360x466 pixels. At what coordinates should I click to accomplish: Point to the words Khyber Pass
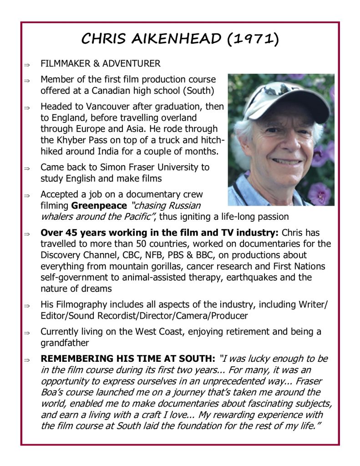click(85, 141)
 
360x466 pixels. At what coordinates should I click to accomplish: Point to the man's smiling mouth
click(287, 161)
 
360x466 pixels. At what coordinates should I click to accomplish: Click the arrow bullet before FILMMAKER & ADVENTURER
click(27, 64)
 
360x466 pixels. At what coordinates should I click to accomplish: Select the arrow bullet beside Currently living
click(27, 333)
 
